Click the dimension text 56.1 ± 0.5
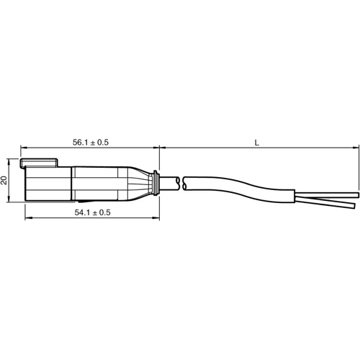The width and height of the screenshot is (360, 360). pos(91,143)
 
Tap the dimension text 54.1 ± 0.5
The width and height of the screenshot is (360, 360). pos(93,212)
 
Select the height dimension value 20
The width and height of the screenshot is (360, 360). pos(5,180)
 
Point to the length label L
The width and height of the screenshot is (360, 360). pos(257,143)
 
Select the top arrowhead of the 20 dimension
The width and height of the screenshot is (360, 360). pos(11,161)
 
